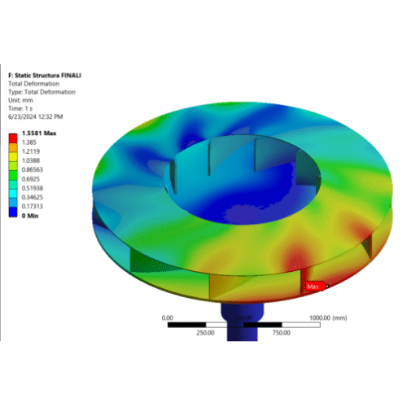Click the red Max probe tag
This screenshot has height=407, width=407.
pos(314,287)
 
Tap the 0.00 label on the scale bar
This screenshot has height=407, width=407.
pos(168,317)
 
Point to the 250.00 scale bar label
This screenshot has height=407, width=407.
pos(205,332)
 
